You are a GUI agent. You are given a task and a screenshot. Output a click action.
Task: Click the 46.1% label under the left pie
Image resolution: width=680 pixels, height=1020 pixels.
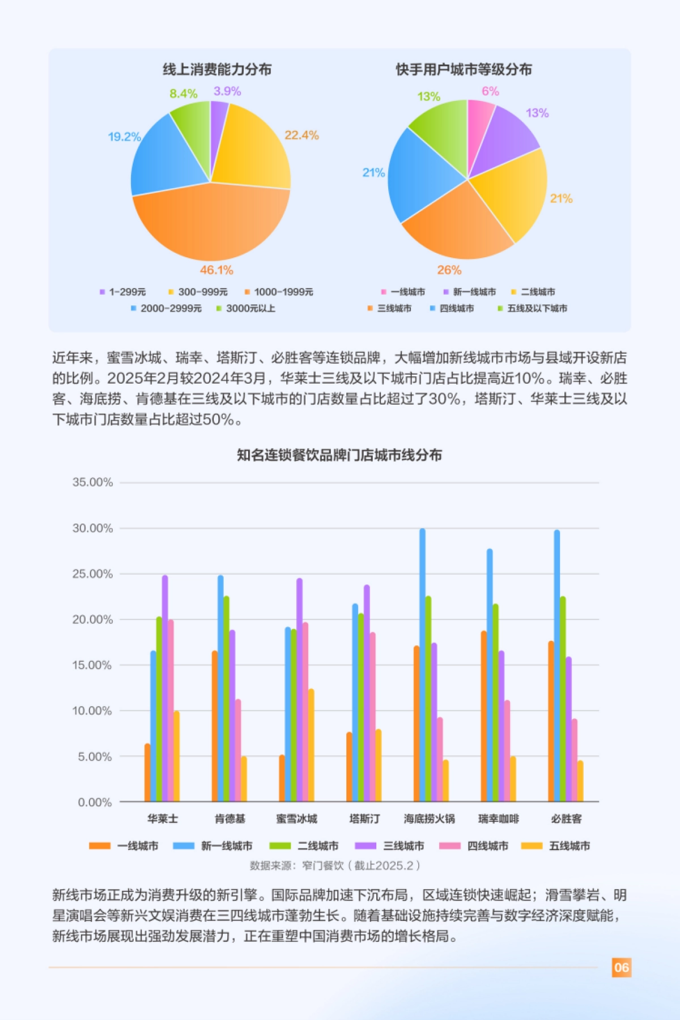216,270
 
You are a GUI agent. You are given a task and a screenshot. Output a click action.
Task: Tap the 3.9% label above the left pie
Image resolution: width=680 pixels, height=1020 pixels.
227,91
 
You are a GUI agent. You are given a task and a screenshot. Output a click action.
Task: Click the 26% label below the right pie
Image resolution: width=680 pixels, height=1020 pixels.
449,270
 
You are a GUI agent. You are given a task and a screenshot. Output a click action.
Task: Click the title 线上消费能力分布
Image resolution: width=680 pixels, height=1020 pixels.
217,70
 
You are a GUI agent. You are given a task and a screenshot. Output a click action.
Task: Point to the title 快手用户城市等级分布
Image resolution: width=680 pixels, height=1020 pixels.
464,70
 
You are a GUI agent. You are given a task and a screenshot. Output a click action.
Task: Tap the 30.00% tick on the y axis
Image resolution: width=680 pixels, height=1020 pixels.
92,528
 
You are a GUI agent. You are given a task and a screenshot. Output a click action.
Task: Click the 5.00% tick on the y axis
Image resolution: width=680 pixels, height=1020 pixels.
95,756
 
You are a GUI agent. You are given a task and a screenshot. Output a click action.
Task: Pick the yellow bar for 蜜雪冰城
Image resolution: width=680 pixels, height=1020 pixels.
311,745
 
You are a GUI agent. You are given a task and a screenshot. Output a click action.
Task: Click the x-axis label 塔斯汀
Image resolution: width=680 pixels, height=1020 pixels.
364,819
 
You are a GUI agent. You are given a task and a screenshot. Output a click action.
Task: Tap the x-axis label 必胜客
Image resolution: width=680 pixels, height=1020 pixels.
566,819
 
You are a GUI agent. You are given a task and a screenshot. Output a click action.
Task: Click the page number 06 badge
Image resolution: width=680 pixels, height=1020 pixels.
622,967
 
